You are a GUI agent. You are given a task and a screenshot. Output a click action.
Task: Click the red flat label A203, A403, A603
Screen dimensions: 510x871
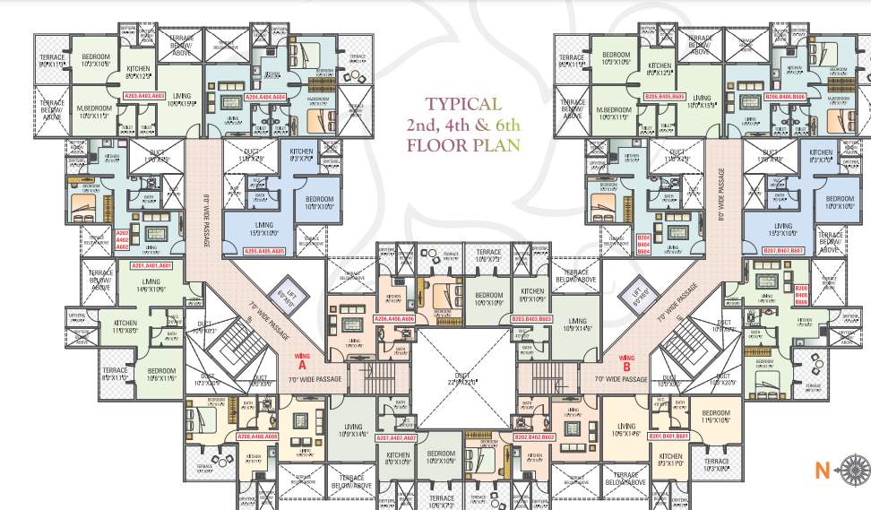click(144, 95)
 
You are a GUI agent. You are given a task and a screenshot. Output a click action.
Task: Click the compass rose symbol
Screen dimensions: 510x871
click(852, 467)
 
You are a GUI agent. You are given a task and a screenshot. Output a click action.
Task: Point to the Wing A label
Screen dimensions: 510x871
click(302, 361)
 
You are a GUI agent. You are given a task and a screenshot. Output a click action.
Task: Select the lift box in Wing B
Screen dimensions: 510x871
click(639, 292)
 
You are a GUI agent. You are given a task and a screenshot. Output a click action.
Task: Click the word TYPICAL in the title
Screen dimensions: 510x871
click(463, 105)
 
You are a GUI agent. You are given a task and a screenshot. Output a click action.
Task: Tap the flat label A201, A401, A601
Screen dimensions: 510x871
click(151, 266)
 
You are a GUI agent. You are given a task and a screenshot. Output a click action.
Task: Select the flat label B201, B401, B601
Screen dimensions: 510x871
click(668, 437)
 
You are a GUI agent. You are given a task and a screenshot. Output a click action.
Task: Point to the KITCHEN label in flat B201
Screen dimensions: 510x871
click(670, 459)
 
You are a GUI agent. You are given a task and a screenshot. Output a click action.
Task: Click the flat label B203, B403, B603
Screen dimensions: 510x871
click(532, 319)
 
